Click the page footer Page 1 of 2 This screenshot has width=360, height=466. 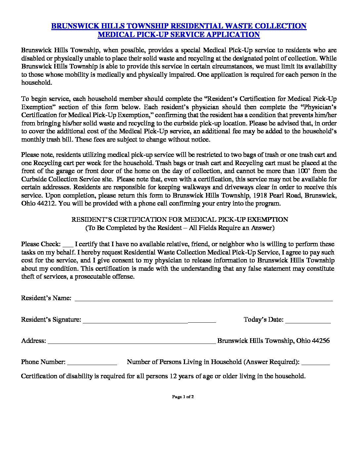point(183,396)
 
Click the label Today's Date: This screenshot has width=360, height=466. point(263,319)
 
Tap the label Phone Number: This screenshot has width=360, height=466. point(43,362)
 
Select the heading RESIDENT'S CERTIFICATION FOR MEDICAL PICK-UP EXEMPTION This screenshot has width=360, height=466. point(180,219)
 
